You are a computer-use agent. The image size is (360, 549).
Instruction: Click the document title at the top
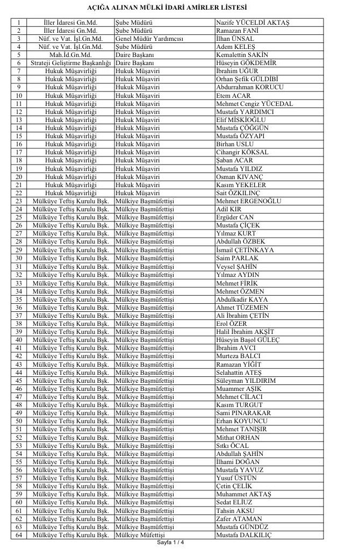(179, 8)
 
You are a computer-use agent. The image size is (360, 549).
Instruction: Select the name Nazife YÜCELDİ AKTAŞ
(252, 23)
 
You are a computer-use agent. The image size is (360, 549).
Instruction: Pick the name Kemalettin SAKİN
(242, 55)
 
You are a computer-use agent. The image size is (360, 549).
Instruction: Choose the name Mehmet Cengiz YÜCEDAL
(254, 103)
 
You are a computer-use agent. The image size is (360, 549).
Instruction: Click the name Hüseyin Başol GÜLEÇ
(247, 340)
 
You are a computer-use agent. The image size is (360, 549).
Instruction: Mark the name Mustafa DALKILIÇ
(243, 535)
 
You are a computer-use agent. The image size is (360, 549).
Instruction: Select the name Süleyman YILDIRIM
(246, 380)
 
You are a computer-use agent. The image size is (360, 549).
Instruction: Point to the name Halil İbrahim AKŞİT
(244, 332)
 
